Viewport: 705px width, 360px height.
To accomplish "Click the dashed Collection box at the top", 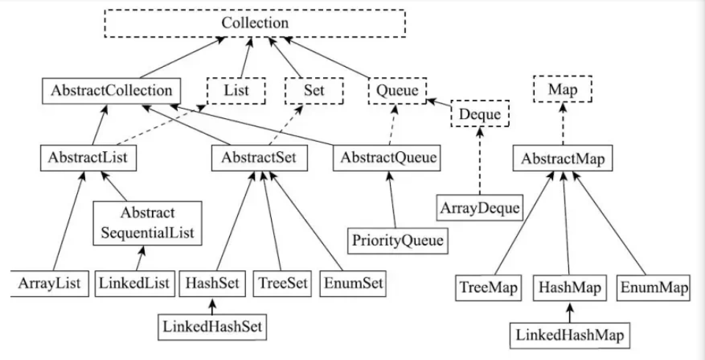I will [x=255, y=23].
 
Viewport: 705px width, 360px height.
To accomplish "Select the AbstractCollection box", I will [x=112, y=90].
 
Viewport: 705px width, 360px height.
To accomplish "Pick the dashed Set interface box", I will [x=314, y=90].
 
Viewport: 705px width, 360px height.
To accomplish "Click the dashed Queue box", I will [x=397, y=90].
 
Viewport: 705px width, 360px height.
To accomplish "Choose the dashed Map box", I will [x=562, y=90].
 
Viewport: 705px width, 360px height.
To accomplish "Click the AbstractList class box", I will [x=89, y=156].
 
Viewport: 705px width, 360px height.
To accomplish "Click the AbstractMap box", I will [x=563, y=156].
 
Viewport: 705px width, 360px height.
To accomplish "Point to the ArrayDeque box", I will [x=480, y=207].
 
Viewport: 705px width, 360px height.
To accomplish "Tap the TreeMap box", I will [x=487, y=287].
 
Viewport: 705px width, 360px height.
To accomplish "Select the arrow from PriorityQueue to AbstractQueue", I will [x=394, y=198].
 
